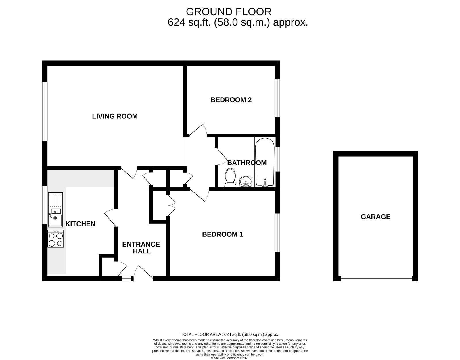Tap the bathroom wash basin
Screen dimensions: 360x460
click(x=246, y=182)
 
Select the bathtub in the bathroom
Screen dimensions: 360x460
click(x=265, y=162)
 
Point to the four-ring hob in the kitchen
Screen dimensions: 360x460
click(x=56, y=239)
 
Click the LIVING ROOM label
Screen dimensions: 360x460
click(x=115, y=116)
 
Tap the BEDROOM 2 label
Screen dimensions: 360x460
click(x=231, y=100)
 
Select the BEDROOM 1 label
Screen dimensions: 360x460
click(x=223, y=234)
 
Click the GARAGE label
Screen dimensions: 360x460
click(x=375, y=217)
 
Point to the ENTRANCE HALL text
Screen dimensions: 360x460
click(x=141, y=248)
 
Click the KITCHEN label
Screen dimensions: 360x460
click(x=80, y=224)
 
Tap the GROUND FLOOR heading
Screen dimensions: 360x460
click(x=229, y=12)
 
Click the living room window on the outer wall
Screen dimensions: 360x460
click(x=45, y=111)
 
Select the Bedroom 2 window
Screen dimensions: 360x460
click(x=277, y=98)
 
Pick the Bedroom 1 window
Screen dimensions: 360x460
click(x=277, y=232)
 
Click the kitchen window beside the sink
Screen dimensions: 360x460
click(x=45, y=205)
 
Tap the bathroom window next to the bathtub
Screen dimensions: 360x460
click(x=277, y=159)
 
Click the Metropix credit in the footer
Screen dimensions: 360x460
click(x=230, y=358)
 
